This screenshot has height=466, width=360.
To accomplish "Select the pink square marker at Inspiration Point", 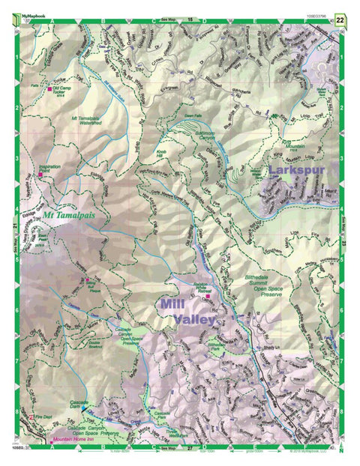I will [x=40, y=175].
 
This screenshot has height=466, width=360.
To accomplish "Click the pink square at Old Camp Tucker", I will [x=50, y=90].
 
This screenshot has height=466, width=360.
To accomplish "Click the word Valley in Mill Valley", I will [x=189, y=320].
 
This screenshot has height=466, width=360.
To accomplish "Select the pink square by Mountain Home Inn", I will [x=50, y=441].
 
